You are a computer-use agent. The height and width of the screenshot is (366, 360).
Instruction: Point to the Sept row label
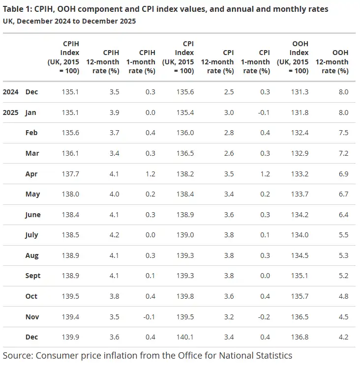click(33, 276)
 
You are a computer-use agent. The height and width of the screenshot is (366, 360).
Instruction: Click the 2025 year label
click(11, 113)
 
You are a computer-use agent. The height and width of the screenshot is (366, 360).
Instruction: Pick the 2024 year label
click(11, 92)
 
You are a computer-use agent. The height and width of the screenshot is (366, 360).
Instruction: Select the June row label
click(33, 215)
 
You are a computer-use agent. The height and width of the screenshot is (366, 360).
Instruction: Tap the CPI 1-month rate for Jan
click(264, 113)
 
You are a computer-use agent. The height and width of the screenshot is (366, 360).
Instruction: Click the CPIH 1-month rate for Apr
click(150, 174)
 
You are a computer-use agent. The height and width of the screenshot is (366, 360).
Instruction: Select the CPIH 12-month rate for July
click(114, 235)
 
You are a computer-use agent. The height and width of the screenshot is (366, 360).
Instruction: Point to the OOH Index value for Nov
click(300, 317)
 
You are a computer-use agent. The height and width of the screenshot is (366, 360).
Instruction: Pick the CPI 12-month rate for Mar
click(228, 153)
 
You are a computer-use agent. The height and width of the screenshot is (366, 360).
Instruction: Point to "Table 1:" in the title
click(18, 9)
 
